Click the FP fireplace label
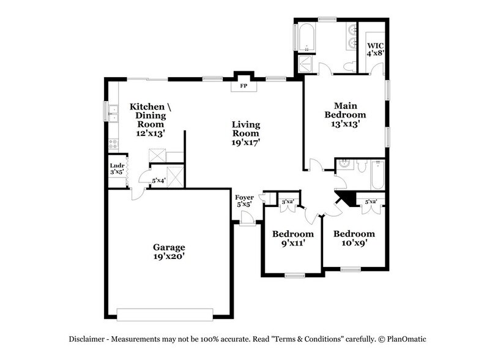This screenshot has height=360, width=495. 243,86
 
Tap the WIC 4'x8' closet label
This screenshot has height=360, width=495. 374,49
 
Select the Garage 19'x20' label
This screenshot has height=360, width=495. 169,252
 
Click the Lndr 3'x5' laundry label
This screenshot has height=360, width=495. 116,170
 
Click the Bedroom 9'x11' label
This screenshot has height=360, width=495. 292,239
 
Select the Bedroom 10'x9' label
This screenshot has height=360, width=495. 354,238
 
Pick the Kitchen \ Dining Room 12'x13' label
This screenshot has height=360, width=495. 151,119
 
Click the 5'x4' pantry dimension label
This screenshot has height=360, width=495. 158,181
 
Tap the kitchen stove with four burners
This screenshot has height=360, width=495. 113,145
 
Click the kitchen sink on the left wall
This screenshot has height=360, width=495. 113,114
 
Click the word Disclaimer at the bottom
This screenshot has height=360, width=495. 86,339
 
